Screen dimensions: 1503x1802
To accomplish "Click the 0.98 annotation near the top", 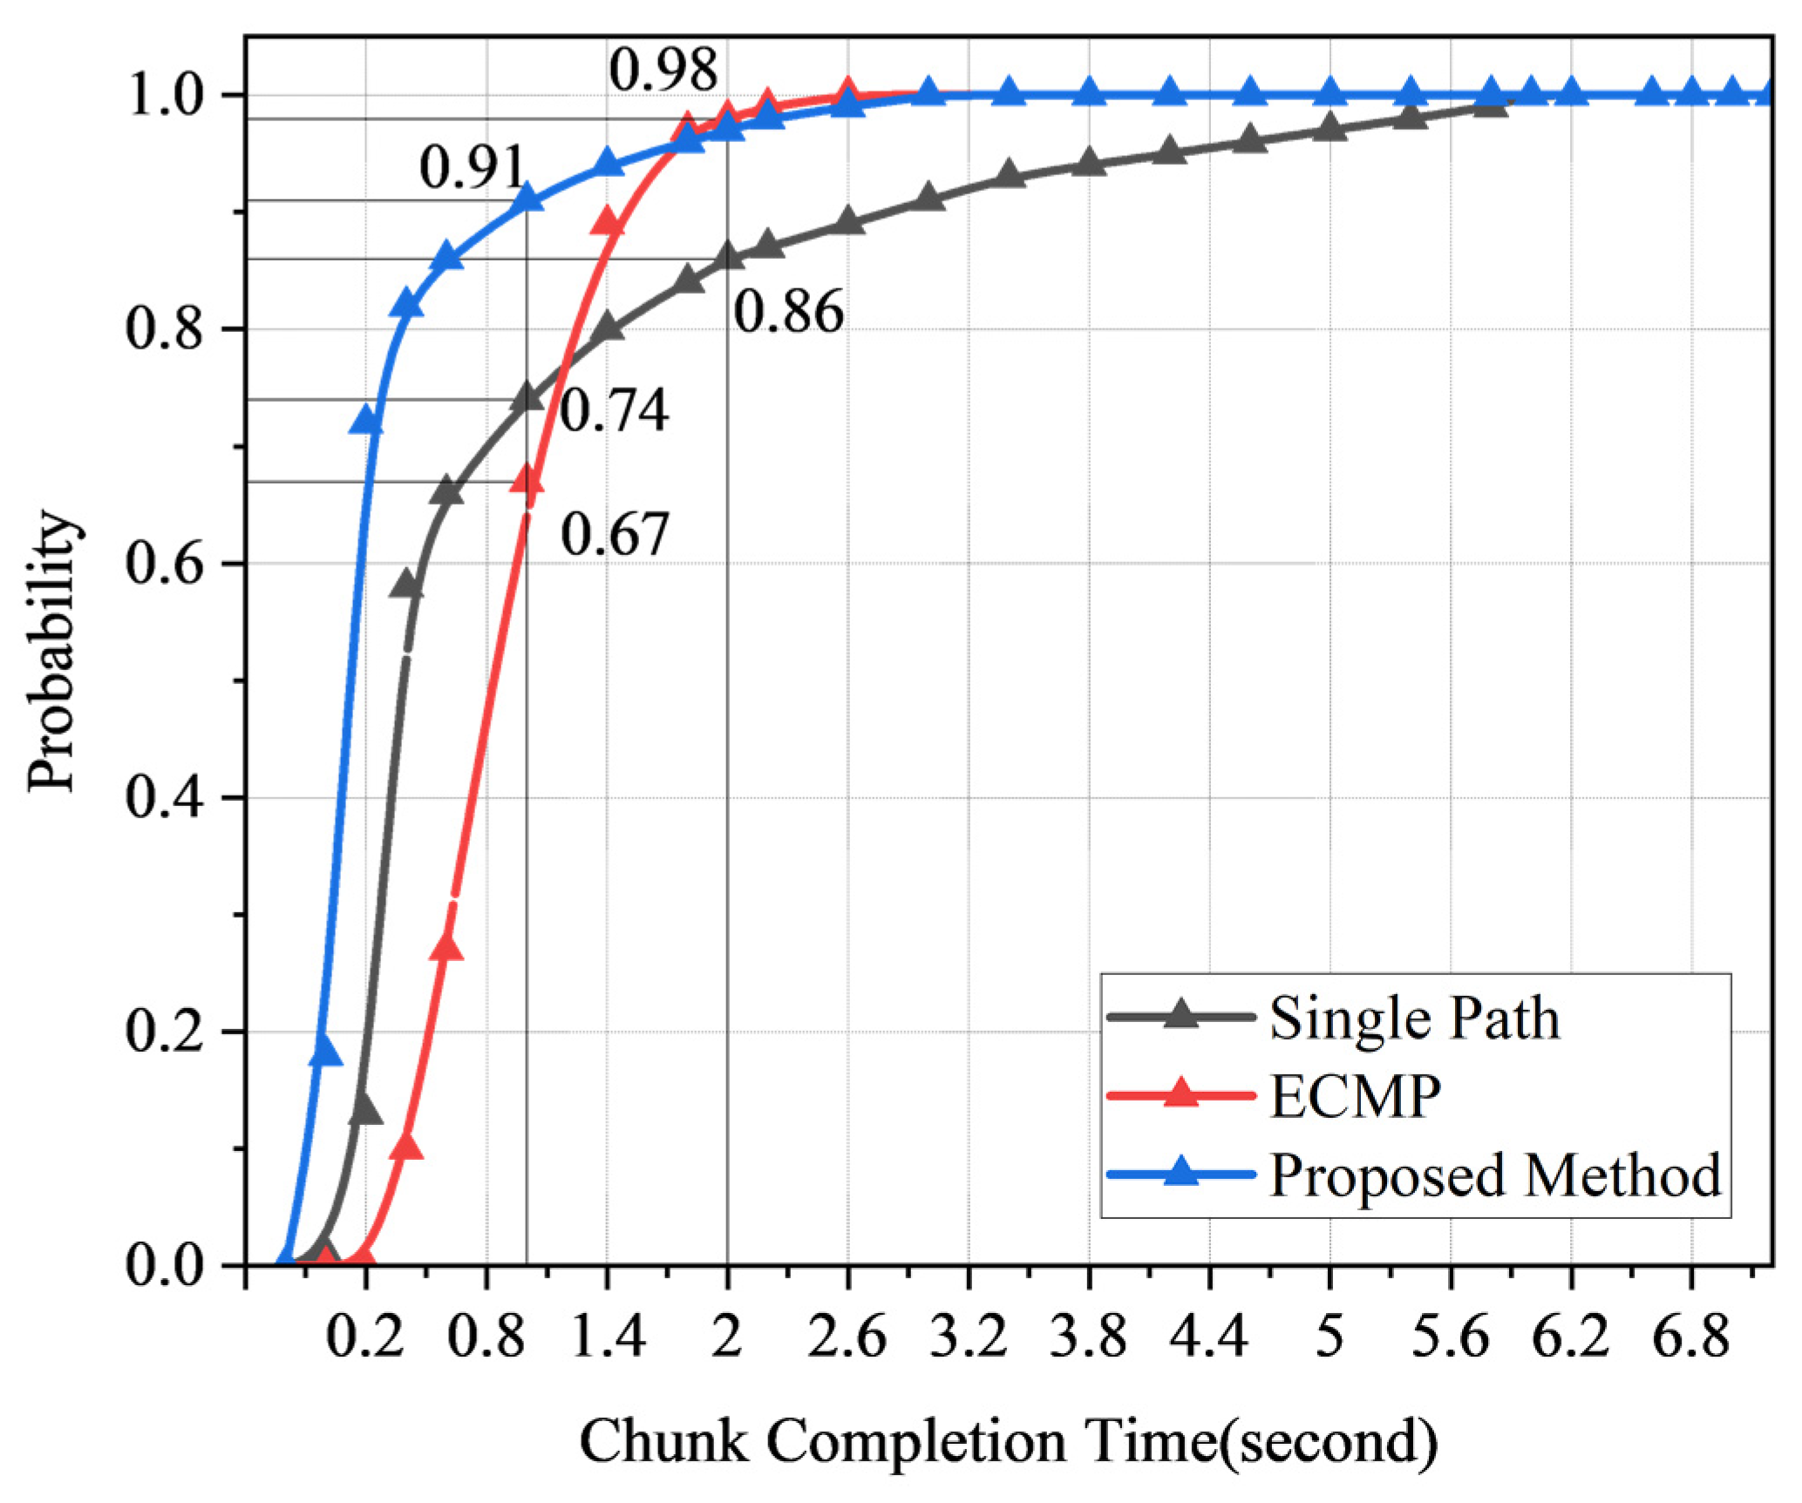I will click(663, 70).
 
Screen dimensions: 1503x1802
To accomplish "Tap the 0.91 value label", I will click(473, 167).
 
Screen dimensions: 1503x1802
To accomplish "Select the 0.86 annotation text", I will click(788, 312).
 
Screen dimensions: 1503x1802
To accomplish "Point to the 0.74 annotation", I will click(614, 410).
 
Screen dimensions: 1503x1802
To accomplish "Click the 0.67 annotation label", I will click(614, 534).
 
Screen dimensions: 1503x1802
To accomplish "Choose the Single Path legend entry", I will click(1413, 1018).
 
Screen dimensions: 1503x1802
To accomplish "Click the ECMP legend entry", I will click(1354, 1096).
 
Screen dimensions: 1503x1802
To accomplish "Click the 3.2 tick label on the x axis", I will click(968, 1336).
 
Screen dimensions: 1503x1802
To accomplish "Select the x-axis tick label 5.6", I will click(1450, 1336).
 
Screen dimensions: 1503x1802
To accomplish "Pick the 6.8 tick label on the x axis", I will click(1690, 1336).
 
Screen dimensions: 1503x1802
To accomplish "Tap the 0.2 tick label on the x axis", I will click(365, 1336).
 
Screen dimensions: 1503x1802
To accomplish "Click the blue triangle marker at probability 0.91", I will click(527, 200).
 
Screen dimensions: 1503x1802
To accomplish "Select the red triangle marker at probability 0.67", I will click(527, 480).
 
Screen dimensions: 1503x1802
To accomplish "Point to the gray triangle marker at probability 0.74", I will click(527, 398).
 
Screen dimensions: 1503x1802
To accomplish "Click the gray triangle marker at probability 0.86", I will click(728, 256).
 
